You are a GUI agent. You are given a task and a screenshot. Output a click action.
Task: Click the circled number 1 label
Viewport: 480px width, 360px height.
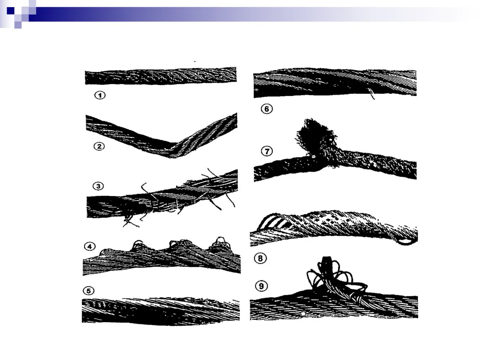pyautogui.click(x=100, y=95)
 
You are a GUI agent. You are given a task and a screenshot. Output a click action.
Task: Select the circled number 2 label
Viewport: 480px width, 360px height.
pyautogui.click(x=99, y=146)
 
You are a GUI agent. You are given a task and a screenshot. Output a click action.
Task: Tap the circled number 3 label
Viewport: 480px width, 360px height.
pyautogui.click(x=98, y=186)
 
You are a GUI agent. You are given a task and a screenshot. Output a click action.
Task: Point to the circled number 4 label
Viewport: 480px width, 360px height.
pyautogui.click(x=89, y=246)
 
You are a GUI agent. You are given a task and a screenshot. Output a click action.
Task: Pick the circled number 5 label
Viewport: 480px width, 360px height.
pyautogui.click(x=88, y=291)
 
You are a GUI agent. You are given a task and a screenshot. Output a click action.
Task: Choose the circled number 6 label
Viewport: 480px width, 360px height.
pyautogui.click(x=267, y=109)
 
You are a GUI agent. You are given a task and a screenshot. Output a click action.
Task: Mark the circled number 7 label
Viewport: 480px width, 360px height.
pyautogui.click(x=267, y=151)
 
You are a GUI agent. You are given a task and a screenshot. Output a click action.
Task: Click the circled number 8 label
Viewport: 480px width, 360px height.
pyautogui.click(x=260, y=258)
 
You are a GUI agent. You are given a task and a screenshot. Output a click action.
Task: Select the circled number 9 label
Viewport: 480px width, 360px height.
pyautogui.click(x=261, y=286)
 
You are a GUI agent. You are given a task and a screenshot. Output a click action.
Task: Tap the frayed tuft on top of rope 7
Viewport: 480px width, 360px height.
pyautogui.click(x=315, y=135)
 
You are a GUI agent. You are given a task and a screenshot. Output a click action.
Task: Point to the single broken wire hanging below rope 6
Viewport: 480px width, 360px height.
pyautogui.click(x=371, y=94)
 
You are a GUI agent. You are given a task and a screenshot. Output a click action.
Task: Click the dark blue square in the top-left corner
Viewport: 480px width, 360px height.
pyautogui.click(x=10, y=11)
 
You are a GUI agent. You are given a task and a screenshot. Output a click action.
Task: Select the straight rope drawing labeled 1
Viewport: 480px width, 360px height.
pyautogui.click(x=161, y=76)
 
